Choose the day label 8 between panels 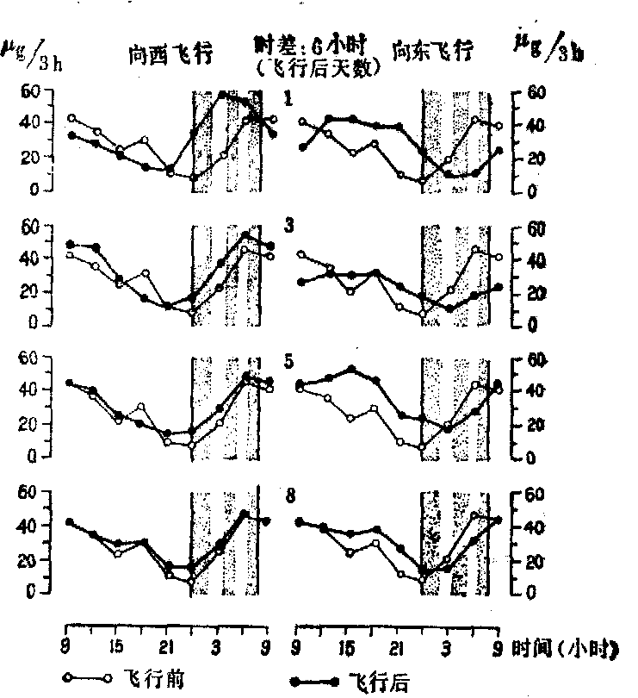289,495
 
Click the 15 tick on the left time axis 117,645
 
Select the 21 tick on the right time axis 397,646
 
